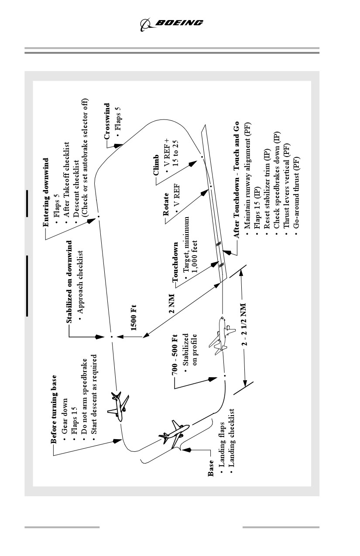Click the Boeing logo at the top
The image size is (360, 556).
pos(171,24)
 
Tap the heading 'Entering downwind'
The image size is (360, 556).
pos(46,192)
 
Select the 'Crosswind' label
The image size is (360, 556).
pos(107,121)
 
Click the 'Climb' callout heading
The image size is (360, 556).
pos(156,165)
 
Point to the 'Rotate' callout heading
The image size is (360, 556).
pos(165,204)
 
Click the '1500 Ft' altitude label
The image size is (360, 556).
pos(134,317)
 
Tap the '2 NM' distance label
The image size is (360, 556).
pos(172,304)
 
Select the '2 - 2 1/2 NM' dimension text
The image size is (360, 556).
pos(244,324)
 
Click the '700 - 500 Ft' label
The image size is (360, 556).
pos(175,355)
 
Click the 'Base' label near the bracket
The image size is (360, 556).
pos(211,468)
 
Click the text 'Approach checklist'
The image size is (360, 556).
pos(80,282)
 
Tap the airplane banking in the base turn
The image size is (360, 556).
pos(175,434)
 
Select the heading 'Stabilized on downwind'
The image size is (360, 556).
pos(69,281)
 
